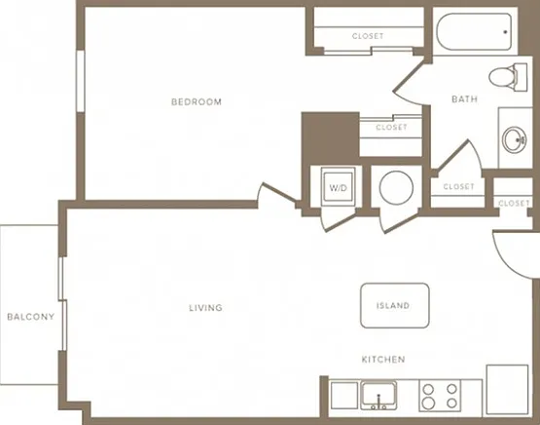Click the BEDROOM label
coord(197,101)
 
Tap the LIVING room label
coord(205,307)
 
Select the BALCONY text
coord(31,317)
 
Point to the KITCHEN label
coord(383,360)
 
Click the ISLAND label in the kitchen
coord(393,306)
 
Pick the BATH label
coord(464,99)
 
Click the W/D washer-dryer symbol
coord(339,186)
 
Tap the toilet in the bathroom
coord(508,77)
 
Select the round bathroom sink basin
coord(514,139)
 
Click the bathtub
coord(474,32)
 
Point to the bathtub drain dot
coord(505,32)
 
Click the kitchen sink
coord(378,396)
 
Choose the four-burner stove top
coord(440,396)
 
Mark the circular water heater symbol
coord(396,188)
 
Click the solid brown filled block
coord(331,135)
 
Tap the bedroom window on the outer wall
coord(80,81)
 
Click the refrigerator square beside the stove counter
coord(507,390)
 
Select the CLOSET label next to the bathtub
coord(368,36)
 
